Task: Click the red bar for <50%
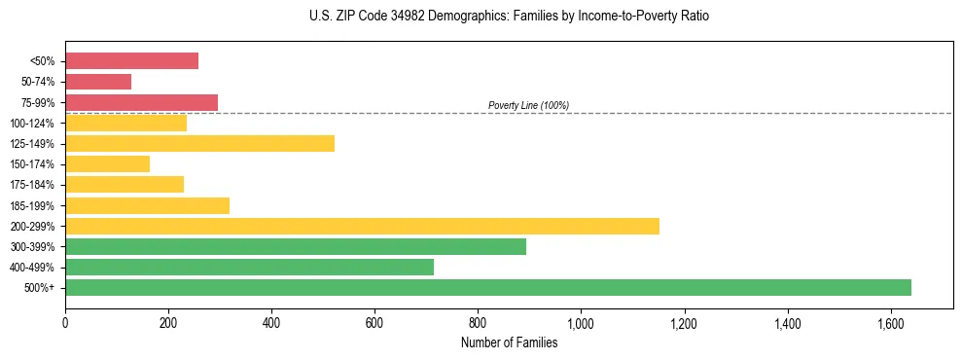tap(131, 61)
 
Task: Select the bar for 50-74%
tap(98, 82)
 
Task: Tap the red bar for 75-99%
tap(141, 102)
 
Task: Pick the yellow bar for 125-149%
tap(199, 144)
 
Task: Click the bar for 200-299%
tap(362, 226)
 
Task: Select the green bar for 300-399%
tap(296, 247)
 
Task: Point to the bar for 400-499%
tap(249, 268)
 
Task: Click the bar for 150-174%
tap(107, 164)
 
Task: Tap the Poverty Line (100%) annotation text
tap(528, 105)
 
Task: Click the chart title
tap(496, 17)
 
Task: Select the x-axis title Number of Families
tap(509, 342)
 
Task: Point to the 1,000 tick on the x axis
tap(581, 323)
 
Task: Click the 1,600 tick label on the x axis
tap(890, 323)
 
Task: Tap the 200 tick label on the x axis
tap(168, 323)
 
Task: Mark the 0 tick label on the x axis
tap(65, 323)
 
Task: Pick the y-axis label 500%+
tap(39, 288)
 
